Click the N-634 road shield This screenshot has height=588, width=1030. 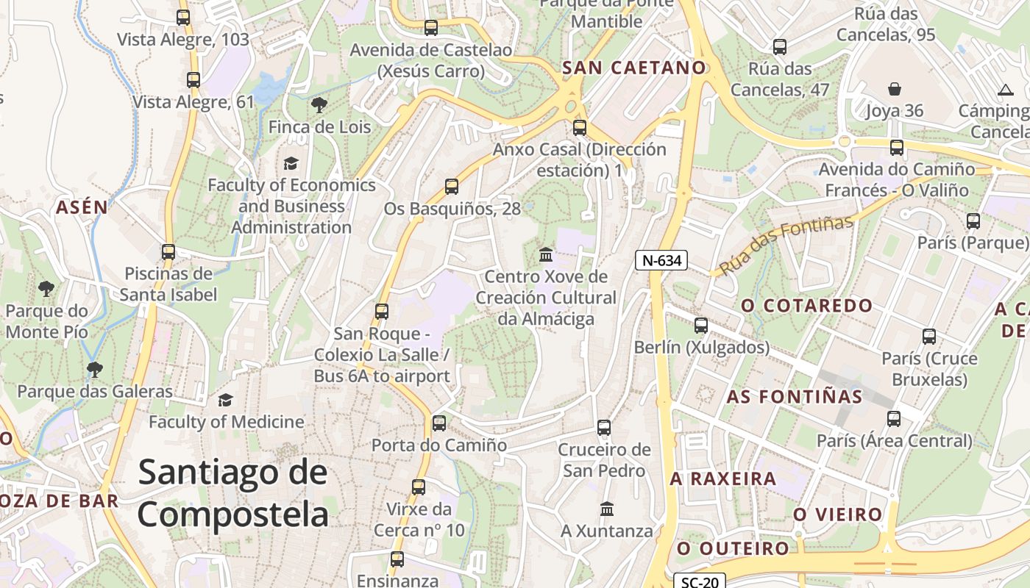(661, 259)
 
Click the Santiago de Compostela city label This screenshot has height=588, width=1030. (232, 492)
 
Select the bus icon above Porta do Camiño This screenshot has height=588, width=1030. (439, 423)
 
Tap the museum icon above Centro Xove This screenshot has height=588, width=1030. (546, 254)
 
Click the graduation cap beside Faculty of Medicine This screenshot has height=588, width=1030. (225, 400)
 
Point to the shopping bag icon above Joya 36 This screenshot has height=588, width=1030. (894, 89)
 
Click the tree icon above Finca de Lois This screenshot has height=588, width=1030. (319, 105)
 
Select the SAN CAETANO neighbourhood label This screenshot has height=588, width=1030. (633, 68)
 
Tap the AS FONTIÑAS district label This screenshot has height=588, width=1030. (795, 397)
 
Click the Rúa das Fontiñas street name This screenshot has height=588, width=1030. (786, 245)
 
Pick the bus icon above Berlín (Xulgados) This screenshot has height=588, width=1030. (701, 325)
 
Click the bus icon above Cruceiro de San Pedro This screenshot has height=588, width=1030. (604, 427)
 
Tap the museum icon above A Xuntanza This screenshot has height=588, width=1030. (607, 509)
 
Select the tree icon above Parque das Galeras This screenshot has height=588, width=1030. (94, 369)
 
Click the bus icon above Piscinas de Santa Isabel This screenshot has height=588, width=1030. (168, 251)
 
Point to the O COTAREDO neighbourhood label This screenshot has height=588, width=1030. (806, 305)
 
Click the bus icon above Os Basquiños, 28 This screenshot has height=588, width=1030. (452, 187)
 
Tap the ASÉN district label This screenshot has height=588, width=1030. (82, 207)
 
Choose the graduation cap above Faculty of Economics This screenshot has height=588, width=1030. (291, 162)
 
